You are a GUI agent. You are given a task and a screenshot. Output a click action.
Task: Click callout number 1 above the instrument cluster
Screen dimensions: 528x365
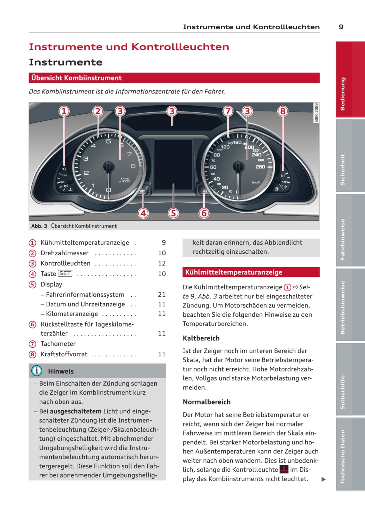click(64, 111)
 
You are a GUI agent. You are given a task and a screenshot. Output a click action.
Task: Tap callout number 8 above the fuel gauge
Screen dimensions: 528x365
click(283, 111)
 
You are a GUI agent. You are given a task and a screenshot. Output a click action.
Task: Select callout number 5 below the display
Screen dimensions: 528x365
click(173, 213)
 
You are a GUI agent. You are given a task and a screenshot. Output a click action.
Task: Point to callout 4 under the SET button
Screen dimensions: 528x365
click(143, 213)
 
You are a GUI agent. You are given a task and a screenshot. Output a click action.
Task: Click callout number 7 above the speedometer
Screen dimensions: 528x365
click(228, 111)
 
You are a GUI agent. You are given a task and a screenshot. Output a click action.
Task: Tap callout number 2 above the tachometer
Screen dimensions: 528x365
click(98, 111)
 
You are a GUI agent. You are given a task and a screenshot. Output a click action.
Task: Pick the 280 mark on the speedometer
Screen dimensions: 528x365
click(260, 167)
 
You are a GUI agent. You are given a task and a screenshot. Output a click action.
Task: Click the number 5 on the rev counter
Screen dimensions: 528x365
click(108, 141)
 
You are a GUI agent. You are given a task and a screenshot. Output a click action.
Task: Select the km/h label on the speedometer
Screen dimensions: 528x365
click(256, 183)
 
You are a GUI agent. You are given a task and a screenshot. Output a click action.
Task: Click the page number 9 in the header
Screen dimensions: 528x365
click(341, 27)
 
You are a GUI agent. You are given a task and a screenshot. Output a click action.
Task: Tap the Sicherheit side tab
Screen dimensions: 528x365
click(343, 169)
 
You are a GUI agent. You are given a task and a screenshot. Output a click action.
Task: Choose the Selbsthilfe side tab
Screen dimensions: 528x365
click(343, 392)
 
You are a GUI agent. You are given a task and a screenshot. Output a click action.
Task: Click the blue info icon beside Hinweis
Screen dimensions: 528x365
click(37, 371)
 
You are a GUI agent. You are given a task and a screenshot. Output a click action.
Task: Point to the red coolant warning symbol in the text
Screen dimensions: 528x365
click(283, 469)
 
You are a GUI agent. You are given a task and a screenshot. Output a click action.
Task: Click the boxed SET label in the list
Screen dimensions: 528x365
click(65, 274)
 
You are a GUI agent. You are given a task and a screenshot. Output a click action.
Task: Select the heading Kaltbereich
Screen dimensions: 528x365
click(201, 338)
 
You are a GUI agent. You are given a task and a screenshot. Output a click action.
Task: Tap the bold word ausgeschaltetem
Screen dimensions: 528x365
click(75, 411)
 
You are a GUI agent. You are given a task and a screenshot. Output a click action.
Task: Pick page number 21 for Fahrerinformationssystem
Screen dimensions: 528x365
click(162, 294)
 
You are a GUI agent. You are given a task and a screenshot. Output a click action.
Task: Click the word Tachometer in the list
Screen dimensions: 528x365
click(58, 343)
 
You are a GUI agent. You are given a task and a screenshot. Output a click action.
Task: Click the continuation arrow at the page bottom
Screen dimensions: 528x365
click(323, 479)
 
